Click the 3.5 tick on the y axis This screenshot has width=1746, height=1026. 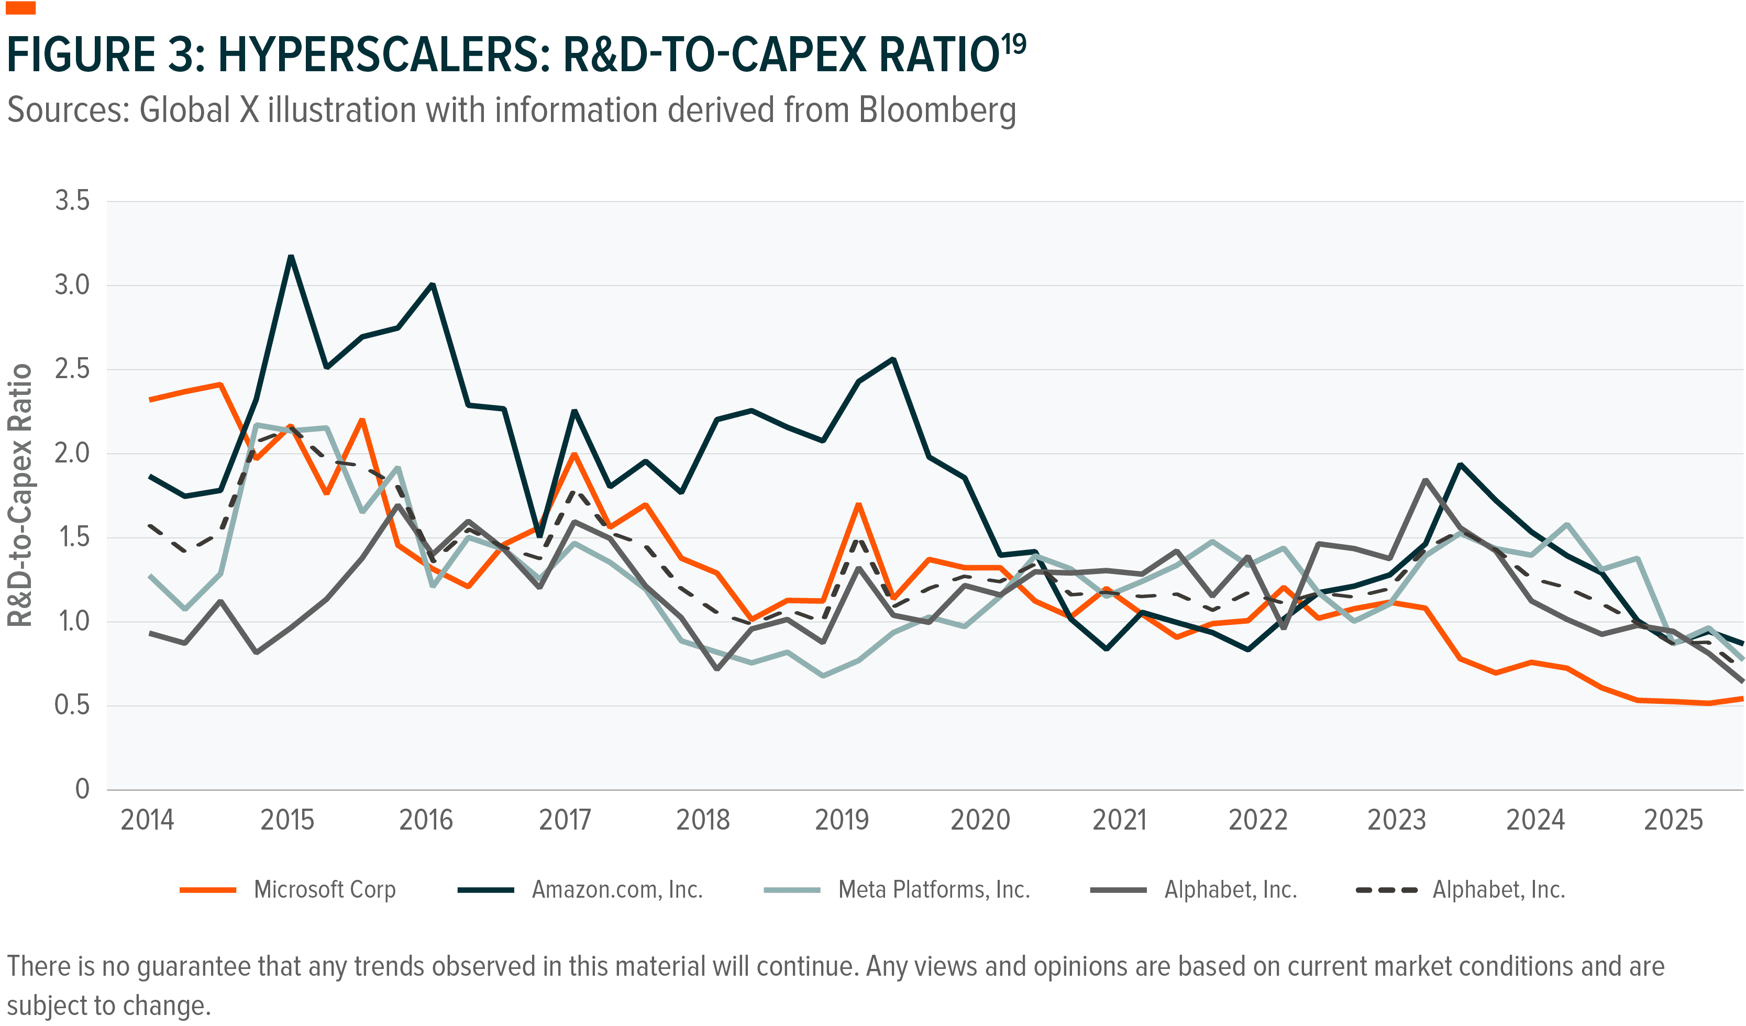(72, 201)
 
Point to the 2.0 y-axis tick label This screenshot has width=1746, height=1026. (72, 453)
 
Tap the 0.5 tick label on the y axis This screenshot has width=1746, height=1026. (72, 705)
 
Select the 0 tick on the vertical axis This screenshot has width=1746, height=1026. (82, 789)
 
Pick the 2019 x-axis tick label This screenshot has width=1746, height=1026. (841, 820)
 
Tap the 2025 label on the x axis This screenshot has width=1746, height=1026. (1673, 820)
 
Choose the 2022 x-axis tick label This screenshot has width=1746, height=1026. (1257, 820)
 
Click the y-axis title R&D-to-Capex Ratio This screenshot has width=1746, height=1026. (21, 495)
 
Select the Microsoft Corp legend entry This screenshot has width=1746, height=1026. (324, 889)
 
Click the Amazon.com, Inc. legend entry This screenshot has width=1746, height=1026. (616, 889)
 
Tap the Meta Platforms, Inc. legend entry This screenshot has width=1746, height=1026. (933, 889)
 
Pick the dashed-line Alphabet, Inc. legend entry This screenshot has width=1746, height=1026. (1498, 889)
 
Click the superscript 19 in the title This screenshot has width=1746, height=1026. (1014, 45)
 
